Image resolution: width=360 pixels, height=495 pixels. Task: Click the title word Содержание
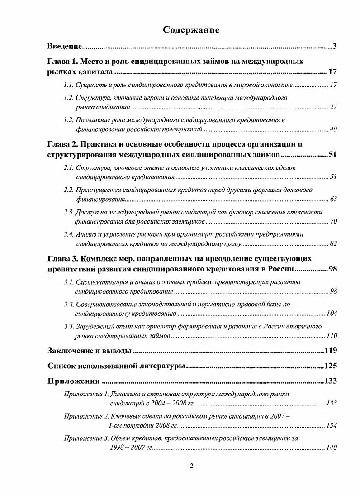(x=191, y=30)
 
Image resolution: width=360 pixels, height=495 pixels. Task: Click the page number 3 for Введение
(x=334, y=46)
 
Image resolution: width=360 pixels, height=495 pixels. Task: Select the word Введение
(x=64, y=46)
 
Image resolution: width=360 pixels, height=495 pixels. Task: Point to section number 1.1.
(x=69, y=85)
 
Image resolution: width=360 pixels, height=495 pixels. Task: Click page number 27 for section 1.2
(x=333, y=107)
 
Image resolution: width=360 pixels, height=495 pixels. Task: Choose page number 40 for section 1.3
(x=333, y=129)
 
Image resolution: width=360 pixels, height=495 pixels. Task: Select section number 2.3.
(x=69, y=212)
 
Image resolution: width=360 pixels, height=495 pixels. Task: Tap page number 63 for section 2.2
(x=333, y=199)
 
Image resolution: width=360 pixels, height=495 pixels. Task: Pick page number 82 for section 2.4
(x=333, y=244)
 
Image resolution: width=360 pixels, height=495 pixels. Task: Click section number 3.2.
(x=69, y=304)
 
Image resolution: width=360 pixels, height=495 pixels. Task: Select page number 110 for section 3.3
(x=332, y=336)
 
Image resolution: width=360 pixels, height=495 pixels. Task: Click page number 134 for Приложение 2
(x=332, y=425)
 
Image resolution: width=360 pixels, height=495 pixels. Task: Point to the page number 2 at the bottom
(x=191, y=466)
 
